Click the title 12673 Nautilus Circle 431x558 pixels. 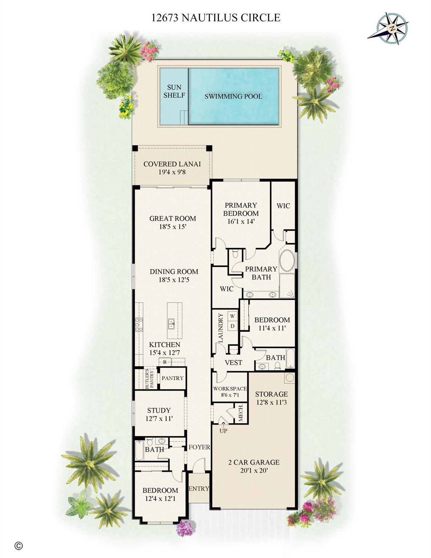(x=216, y=17)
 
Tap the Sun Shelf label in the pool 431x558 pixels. (x=174, y=91)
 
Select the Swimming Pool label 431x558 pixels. (x=233, y=96)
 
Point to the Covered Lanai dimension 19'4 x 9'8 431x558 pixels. (x=172, y=172)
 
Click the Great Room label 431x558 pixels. (x=173, y=218)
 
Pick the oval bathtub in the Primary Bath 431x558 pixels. (x=287, y=259)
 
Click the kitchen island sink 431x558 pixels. (x=171, y=322)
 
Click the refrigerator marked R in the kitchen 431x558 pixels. (x=165, y=362)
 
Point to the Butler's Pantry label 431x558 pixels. (x=149, y=379)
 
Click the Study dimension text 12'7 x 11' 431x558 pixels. (x=159, y=418)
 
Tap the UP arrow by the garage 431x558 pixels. (x=223, y=430)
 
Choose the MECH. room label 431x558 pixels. (x=240, y=413)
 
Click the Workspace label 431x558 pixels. (x=230, y=389)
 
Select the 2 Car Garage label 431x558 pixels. (x=254, y=462)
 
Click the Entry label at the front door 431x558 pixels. (x=199, y=489)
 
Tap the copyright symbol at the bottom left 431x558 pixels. (x=19, y=545)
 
